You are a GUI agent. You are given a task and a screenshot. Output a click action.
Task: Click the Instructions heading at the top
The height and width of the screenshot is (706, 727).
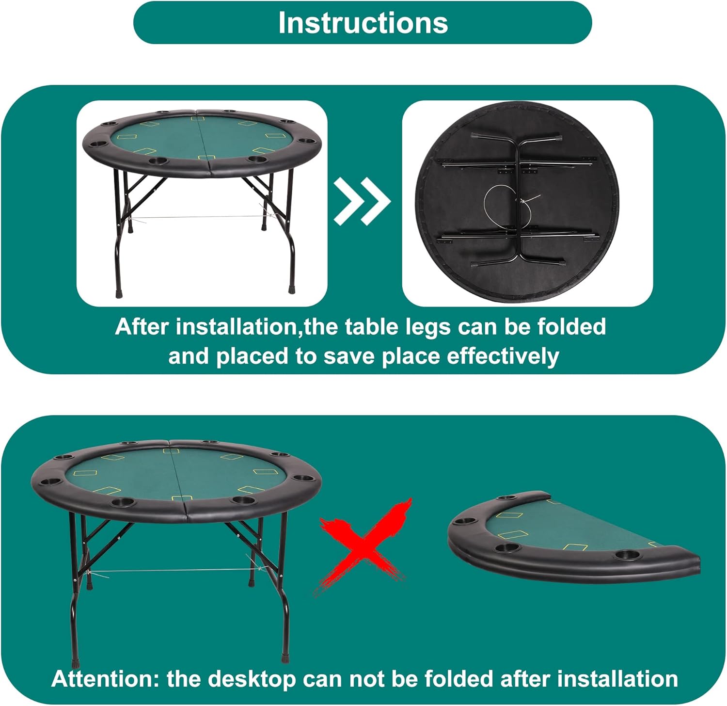[363, 23]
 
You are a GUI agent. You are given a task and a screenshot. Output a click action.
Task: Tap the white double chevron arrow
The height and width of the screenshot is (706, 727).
[362, 201]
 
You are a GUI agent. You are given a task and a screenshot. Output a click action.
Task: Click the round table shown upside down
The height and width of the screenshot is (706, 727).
[517, 203]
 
